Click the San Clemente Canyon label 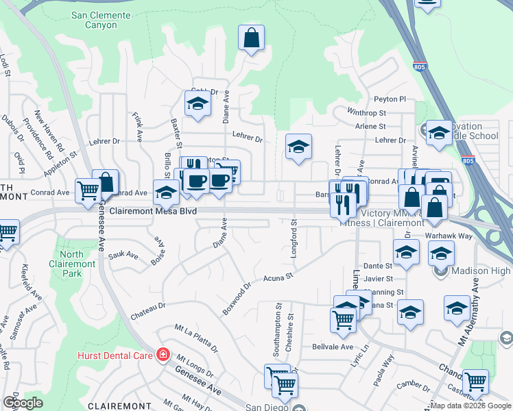click(x=100, y=21)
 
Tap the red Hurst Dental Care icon click(x=163, y=354)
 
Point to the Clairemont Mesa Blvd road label click(x=153, y=212)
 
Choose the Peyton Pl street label click(x=390, y=99)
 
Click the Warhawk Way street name click(x=449, y=236)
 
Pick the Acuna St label click(x=278, y=277)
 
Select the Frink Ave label click(x=138, y=127)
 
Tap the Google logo click(x=23, y=403)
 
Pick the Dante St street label click(x=378, y=266)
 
